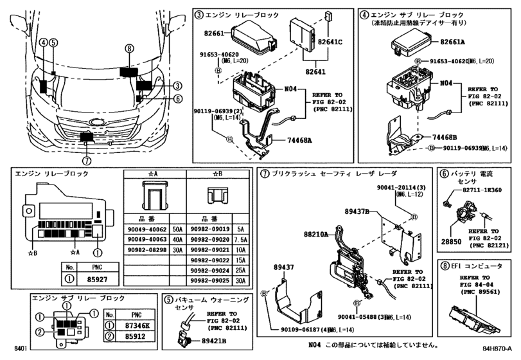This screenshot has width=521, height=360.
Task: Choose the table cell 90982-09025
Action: [x=209, y=280]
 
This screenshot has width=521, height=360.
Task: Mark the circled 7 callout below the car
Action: [x=87, y=161]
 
